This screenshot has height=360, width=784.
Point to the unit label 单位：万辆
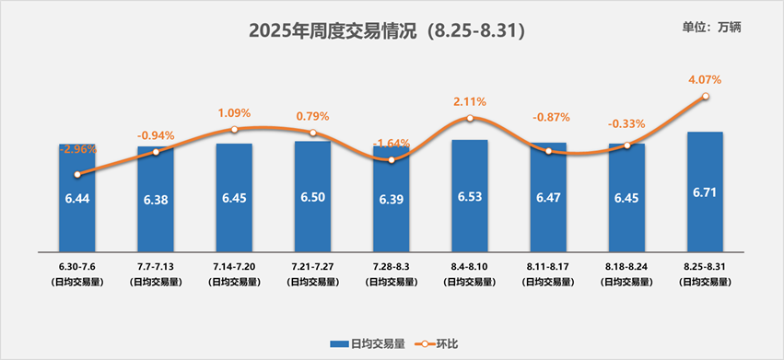[x=712, y=27]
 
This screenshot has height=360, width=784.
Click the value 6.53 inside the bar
[x=470, y=198]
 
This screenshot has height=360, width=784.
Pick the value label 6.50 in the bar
[x=312, y=198]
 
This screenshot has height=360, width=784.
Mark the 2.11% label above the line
[x=470, y=101]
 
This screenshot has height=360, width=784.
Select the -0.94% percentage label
[x=156, y=134]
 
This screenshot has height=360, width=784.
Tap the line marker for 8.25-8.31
[x=706, y=96]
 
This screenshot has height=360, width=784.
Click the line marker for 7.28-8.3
[x=392, y=160]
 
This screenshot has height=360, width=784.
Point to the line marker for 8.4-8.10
[x=470, y=118]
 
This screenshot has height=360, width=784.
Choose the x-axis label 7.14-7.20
[x=234, y=266]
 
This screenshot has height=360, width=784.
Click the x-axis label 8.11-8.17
[x=548, y=266]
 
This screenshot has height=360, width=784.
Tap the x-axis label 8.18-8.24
[x=626, y=266]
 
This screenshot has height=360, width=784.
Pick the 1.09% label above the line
[x=234, y=113]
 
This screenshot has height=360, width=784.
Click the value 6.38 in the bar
[x=156, y=198]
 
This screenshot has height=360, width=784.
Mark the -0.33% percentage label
[x=626, y=123]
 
